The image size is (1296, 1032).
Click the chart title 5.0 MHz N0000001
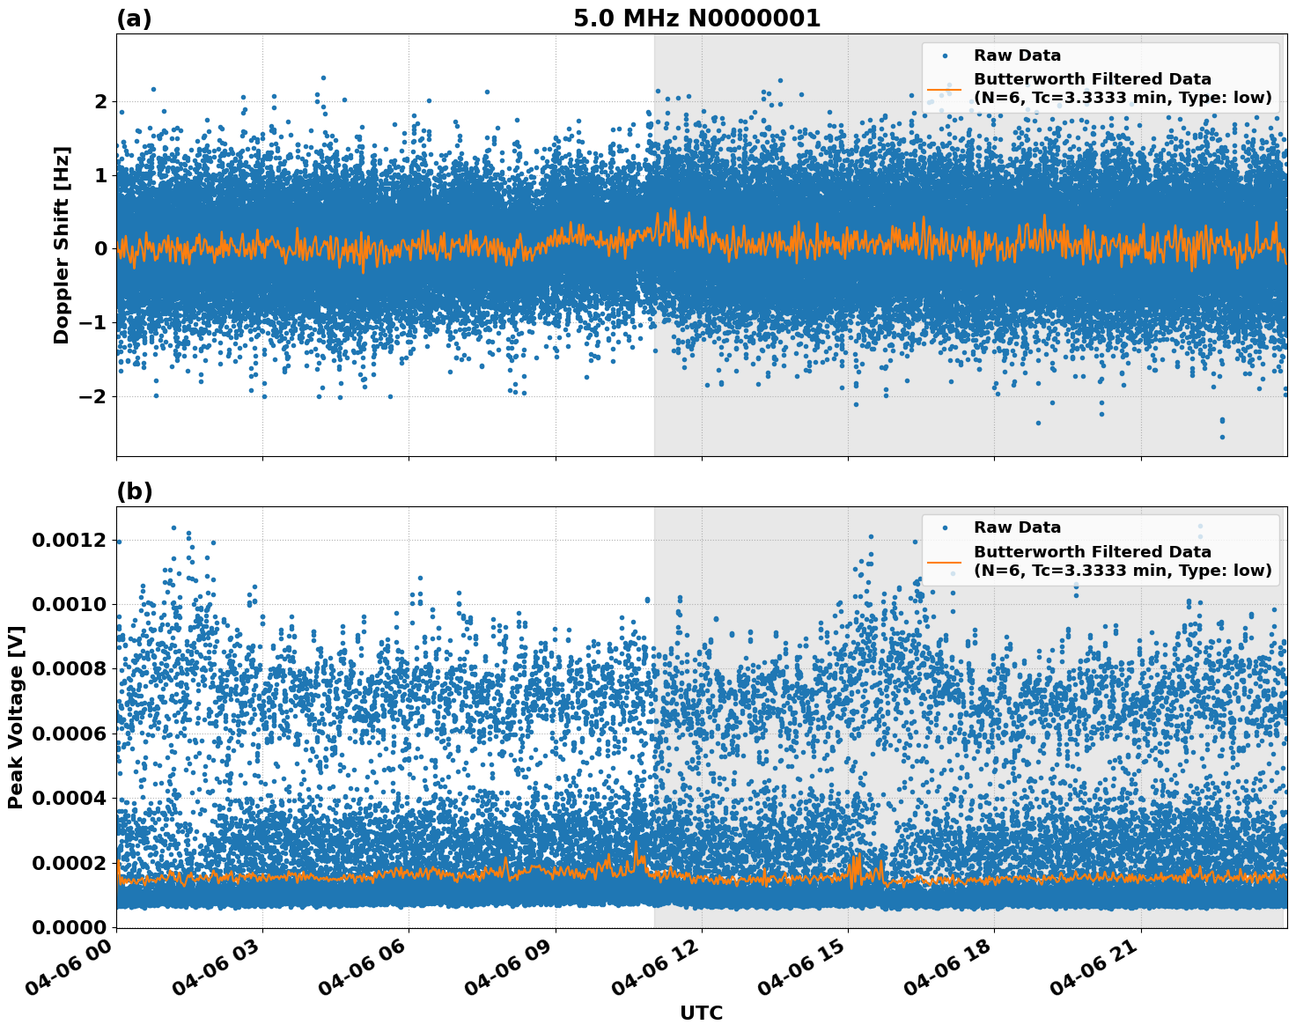coord(696,18)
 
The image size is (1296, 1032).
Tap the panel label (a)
coord(134,18)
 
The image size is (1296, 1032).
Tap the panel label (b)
coord(134,491)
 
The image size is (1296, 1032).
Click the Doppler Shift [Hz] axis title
coord(61,245)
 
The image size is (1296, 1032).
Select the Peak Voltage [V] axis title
coord(15,717)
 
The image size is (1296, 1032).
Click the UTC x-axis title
coord(701,1013)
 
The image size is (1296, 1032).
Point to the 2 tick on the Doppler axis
coord(101,102)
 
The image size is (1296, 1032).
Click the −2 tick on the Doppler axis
coord(93,396)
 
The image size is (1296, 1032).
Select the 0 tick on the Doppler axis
coord(101,249)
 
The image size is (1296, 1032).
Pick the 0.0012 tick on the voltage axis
coord(69,540)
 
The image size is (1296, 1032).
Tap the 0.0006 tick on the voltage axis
coord(69,733)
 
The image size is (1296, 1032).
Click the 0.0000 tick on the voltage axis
coord(69,927)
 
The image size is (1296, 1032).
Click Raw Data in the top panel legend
coord(1017,55)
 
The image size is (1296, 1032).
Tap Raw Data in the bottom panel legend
coord(1017,527)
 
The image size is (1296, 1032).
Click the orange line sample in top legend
coord(944,89)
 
